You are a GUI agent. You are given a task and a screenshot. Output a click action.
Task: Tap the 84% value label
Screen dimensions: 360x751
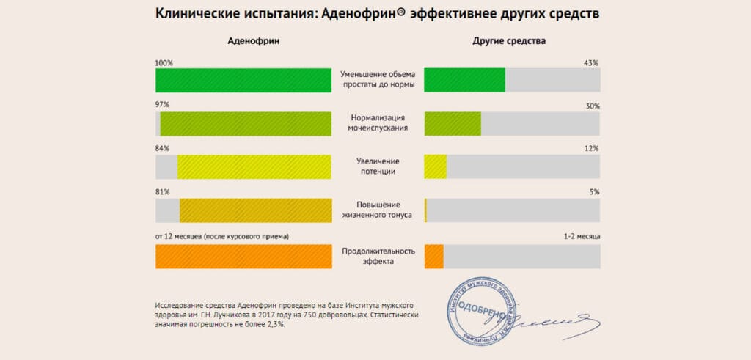(162, 149)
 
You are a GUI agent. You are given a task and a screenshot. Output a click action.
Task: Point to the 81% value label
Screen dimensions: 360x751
(162, 192)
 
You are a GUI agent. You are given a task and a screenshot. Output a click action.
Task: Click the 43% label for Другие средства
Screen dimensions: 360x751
(591, 63)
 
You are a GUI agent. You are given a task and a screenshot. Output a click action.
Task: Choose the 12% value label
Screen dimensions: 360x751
(592, 149)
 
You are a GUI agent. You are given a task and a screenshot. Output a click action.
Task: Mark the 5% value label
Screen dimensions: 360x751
(594, 192)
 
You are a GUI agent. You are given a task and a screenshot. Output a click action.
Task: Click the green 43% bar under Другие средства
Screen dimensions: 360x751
(465, 80)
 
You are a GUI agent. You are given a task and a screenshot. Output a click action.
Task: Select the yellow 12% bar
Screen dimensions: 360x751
(436, 166)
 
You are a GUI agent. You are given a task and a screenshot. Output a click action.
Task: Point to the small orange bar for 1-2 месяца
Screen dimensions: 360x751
(434, 256)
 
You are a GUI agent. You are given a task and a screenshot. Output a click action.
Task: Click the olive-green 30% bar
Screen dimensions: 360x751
(453, 123)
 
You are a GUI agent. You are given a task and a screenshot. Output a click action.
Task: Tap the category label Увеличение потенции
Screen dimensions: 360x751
(378, 166)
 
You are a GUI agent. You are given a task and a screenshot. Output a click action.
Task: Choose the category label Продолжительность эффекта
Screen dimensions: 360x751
(378, 256)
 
